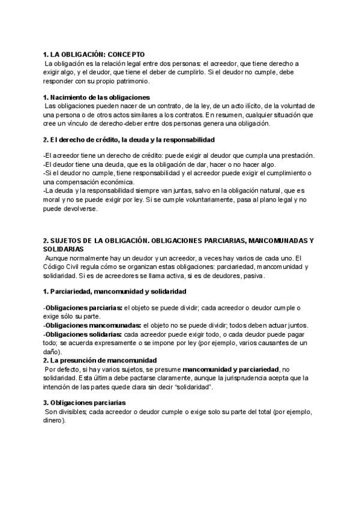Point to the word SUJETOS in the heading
pyautogui.click(x=67, y=240)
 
